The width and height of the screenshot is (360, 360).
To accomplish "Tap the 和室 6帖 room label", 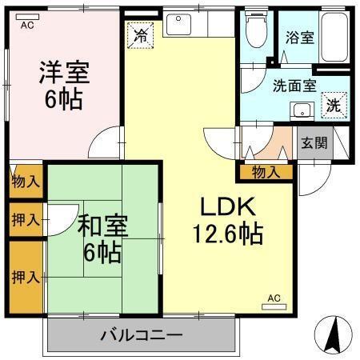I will [x=100, y=238].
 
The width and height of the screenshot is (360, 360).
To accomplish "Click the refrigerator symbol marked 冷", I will [x=141, y=35].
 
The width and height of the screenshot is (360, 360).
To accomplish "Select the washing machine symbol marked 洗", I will [x=334, y=105].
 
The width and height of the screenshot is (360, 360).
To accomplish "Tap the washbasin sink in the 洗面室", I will [x=302, y=110].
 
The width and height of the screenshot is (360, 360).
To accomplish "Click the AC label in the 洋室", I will [x=26, y=26].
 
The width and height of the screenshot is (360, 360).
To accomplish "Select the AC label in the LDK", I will [x=274, y=298].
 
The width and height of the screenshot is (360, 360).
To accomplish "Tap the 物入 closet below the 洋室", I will [x=26, y=181].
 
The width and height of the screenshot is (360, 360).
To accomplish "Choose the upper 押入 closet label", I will [x=26, y=218].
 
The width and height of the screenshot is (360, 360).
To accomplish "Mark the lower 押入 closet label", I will [x=26, y=277].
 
